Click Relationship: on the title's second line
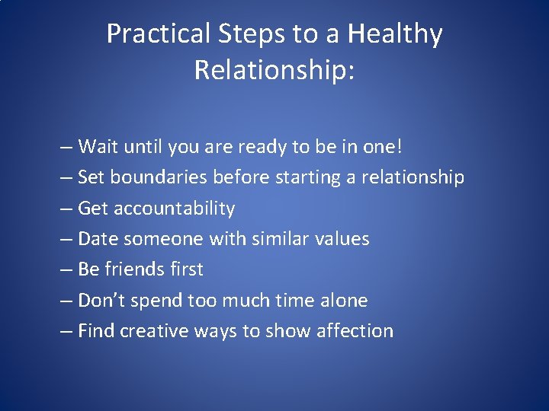(x=274, y=69)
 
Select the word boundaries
(x=159, y=177)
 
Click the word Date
(x=98, y=239)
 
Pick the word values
(x=341, y=239)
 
